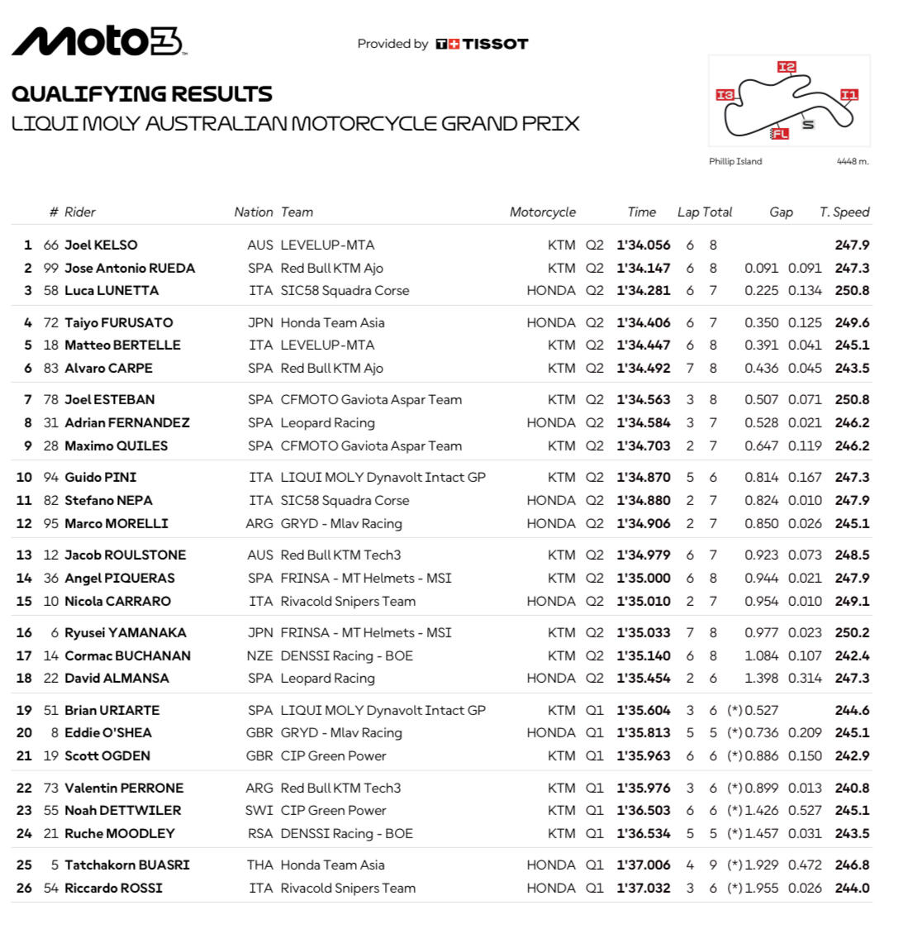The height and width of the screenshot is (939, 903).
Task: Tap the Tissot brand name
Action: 494,44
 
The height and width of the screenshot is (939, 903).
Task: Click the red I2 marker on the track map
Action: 786,67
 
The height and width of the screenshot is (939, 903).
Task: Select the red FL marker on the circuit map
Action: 779,133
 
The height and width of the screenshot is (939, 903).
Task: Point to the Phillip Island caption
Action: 735,161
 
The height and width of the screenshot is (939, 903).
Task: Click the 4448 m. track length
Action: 853,161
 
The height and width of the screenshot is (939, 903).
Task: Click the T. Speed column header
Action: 844,212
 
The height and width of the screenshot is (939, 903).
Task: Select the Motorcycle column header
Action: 542,212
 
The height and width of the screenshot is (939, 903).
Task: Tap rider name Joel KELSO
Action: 101,245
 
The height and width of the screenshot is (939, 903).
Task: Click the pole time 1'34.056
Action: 643,245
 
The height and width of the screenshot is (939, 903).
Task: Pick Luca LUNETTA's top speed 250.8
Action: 852,290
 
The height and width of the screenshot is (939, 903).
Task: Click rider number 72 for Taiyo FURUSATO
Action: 51,322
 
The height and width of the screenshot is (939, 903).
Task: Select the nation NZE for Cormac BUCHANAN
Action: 259,655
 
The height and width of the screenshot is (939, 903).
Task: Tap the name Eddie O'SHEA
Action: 108,732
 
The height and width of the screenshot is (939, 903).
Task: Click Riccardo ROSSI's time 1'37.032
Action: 643,888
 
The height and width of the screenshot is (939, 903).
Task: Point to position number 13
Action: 24,555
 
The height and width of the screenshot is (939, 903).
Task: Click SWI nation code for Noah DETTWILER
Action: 259,810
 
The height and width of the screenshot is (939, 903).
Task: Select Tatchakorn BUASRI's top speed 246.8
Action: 852,865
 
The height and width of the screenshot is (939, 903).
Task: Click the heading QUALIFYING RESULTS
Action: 141,93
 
